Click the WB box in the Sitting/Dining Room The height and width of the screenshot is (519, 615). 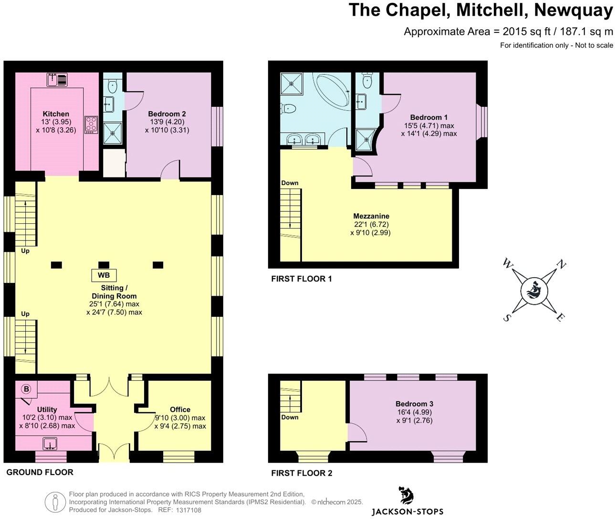104,275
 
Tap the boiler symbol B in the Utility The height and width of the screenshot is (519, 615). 26,389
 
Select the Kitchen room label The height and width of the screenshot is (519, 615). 56,114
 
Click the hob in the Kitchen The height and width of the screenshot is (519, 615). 91,124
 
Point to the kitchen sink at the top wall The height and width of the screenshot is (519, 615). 58,79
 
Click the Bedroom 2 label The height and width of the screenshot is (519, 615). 167,114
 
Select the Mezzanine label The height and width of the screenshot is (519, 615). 371,216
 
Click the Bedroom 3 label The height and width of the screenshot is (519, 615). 414,404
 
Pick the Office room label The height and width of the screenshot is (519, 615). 180,409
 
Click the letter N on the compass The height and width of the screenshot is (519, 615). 562,265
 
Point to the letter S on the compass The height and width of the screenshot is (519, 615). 508,318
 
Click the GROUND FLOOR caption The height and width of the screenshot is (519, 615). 40,472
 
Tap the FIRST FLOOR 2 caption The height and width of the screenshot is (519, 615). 302,473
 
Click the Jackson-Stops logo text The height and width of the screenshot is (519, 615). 407,511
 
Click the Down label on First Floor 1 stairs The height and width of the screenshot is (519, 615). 290,183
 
